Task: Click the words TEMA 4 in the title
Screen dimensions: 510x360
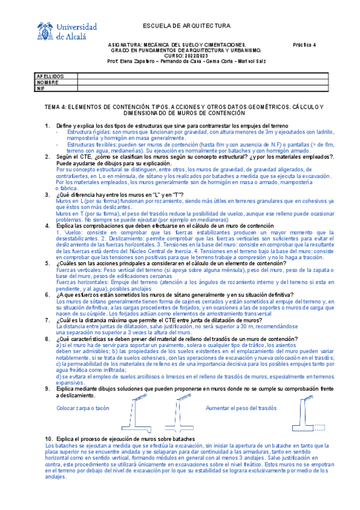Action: [55, 106]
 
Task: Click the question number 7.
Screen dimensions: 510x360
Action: [47, 321]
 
